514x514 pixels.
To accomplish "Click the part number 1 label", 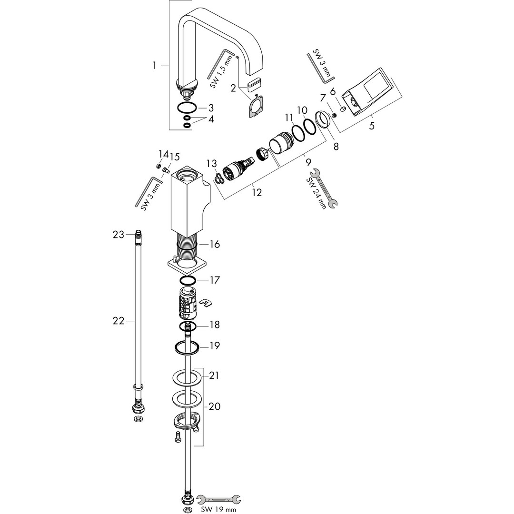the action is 154,66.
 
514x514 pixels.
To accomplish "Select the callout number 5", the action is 371,125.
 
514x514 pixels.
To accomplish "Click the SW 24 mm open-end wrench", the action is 323,188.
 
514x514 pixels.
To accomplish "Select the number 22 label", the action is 119,321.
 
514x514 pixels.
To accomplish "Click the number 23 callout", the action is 119,235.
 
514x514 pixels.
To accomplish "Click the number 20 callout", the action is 214,406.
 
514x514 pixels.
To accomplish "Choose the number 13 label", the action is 211,163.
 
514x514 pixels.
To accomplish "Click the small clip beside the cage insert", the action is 206,303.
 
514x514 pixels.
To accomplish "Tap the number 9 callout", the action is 308,161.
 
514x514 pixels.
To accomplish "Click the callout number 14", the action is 163,153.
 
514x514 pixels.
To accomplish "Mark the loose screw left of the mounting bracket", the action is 178,437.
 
